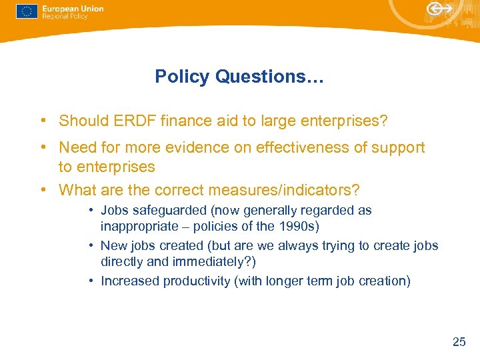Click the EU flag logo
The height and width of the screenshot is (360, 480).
point(27,11)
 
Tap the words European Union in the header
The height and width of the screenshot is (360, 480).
point(73,8)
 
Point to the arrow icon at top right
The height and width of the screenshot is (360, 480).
point(439,9)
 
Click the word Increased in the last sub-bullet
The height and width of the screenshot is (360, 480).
point(130,281)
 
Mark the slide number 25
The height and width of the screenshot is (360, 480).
point(459,342)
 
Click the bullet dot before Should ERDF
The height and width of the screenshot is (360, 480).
point(42,121)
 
